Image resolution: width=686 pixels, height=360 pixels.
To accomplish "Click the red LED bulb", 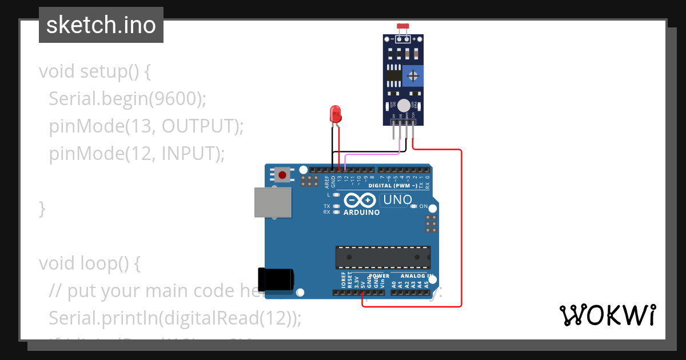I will pos(336,113).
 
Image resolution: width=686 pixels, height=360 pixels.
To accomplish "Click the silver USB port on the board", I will pos(272,202).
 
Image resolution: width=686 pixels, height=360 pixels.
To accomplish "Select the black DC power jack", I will pos(276,279).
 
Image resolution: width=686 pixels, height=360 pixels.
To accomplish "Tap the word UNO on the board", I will pos(397,200).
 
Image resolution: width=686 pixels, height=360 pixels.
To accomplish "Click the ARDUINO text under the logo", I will pos(361,213).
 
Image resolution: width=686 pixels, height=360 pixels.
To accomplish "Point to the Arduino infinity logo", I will pos(360,201).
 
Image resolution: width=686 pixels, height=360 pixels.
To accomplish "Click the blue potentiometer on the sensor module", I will pos(413,75).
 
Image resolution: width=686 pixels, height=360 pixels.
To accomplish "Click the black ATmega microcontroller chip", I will pos(382,257).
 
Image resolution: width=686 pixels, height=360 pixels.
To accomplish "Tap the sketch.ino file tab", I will pos(101,25).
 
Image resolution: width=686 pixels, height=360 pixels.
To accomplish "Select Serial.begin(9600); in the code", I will pos(127,99).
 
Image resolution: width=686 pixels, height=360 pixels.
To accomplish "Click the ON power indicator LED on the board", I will pos(415,206).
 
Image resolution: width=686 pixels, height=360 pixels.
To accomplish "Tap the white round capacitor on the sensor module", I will pos(404,105).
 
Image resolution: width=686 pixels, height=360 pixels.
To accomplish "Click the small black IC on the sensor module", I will pos(393,74).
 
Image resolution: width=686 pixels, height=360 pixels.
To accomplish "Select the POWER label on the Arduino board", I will pos(378,276).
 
